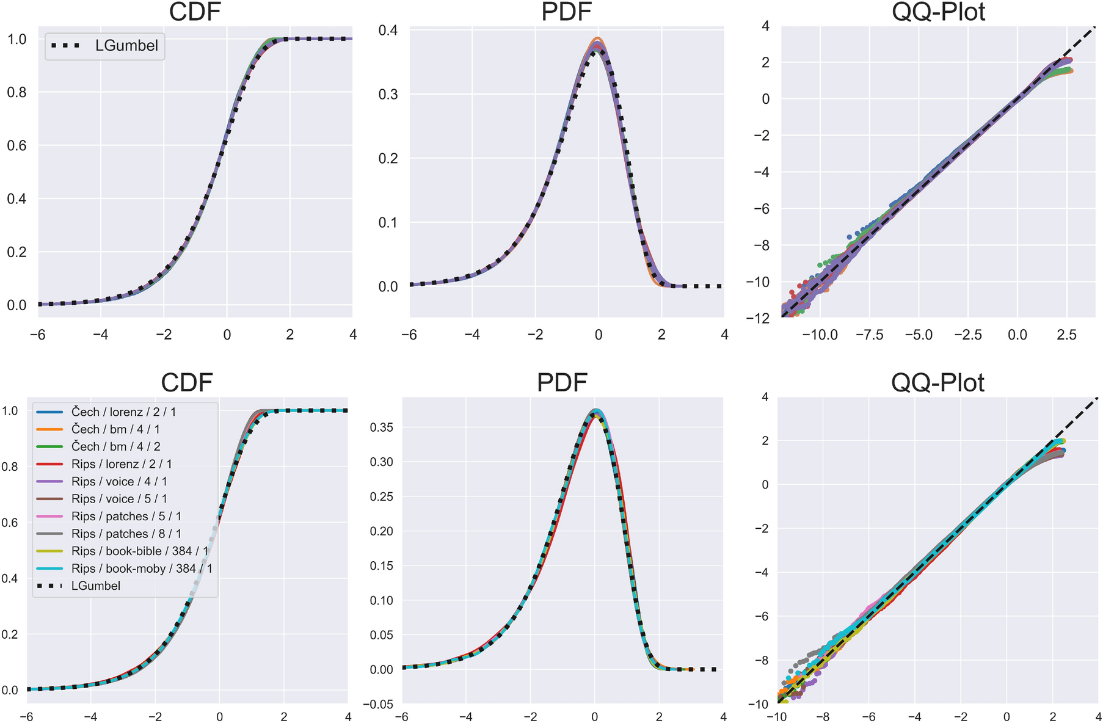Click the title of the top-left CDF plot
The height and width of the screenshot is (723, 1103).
point(194,12)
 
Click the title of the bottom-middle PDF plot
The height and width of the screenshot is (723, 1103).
point(561,383)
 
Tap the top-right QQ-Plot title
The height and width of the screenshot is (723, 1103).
point(938,12)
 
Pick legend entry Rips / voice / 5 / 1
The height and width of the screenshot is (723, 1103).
point(119,499)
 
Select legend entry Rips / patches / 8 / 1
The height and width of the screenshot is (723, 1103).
point(126,534)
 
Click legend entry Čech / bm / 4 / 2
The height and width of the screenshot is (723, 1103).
point(115,446)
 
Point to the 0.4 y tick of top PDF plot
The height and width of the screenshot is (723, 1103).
point(388,31)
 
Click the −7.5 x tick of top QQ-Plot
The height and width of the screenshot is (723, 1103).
point(869,335)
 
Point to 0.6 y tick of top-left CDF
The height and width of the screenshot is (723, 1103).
point(16,145)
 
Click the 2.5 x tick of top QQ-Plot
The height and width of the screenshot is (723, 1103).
point(1066,335)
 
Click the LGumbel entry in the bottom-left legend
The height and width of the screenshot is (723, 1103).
point(95,586)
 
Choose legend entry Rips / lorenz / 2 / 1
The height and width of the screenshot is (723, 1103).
point(122,464)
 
